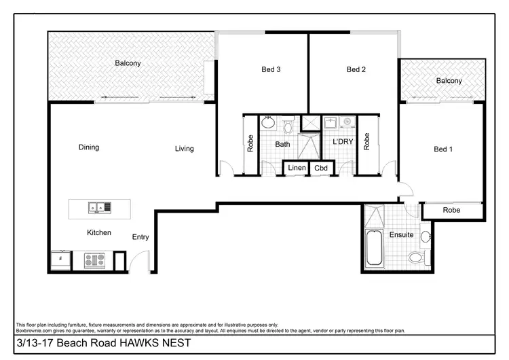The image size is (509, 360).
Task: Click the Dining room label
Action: (x=88, y=147)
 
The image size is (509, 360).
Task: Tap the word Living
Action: (x=184, y=149)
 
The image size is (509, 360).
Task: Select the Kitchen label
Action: (x=99, y=233)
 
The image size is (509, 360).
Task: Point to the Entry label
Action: (x=140, y=237)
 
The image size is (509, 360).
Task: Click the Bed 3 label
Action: (x=271, y=69)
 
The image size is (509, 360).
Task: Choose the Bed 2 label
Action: (x=356, y=69)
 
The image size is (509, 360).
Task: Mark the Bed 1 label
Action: (x=442, y=149)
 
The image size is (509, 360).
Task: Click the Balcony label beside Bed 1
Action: (x=449, y=81)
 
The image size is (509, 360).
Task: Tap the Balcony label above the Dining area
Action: (x=128, y=63)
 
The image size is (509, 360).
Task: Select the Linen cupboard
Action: (x=297, y=168)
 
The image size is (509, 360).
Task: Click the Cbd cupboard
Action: (x=320, y=168)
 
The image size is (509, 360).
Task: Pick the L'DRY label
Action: (x=341, y=142)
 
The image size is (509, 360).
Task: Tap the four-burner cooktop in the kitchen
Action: (x=94, y=259)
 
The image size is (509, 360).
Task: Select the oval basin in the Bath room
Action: (x=268, y=124)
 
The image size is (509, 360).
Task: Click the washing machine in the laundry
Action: (x=347, y=122)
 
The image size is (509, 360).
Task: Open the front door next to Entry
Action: (x=139, y=262)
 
